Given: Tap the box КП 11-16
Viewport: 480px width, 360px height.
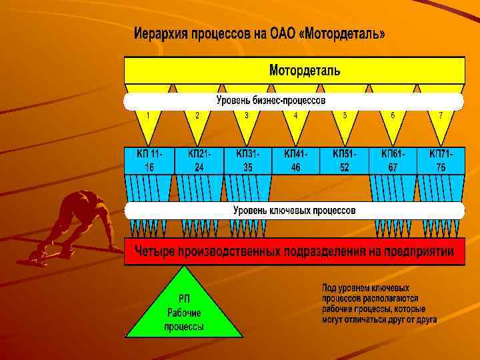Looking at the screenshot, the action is (149, 161).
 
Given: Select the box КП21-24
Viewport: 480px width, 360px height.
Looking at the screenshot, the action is (199, 161).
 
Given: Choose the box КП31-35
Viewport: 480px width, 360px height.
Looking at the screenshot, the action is (247, 161).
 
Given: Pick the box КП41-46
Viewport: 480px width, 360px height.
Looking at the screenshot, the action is (295, 161).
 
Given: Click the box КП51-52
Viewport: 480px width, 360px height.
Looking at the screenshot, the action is (344, 161).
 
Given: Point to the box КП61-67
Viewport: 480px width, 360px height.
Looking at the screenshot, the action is (393, 161).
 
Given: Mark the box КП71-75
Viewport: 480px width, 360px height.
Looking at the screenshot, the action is (441, 161).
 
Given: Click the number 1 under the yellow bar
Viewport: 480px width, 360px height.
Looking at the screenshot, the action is (148, 115).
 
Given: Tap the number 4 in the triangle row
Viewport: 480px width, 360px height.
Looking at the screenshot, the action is (295, 115).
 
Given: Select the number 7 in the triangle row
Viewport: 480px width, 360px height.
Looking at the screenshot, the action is (441, 115).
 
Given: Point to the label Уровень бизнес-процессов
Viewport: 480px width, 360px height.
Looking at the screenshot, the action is (271, 101).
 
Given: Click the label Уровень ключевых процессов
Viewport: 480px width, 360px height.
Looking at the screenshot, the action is (294, 211).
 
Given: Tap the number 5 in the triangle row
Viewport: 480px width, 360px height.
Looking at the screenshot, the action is (345, 115).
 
